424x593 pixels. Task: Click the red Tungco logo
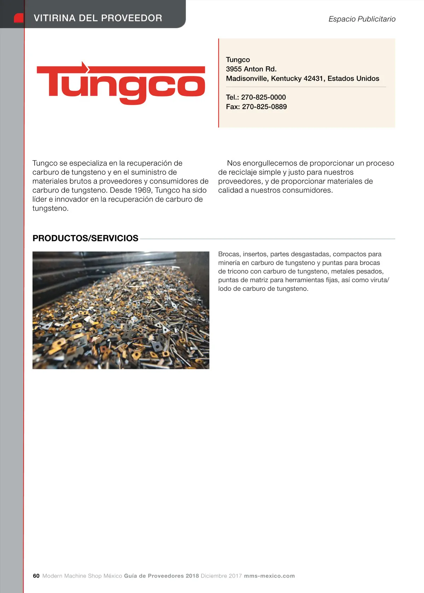(121, 83)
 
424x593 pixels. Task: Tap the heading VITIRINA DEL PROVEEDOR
(98, 18)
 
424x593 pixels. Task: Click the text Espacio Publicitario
(362, 19)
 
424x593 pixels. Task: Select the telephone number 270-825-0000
(263, 97)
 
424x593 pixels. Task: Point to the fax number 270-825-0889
(264, 107)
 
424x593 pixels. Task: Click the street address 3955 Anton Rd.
(251, 69)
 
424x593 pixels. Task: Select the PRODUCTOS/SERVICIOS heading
(86, 238)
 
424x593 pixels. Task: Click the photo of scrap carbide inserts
(121, 310)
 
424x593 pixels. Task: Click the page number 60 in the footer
(36, 576)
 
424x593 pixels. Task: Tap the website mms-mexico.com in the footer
(269, 576)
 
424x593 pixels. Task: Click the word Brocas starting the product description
(229, 254)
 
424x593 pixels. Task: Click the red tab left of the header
(18, 18)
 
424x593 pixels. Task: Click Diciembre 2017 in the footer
(221, 576)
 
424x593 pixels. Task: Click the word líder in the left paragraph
(40, 199)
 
